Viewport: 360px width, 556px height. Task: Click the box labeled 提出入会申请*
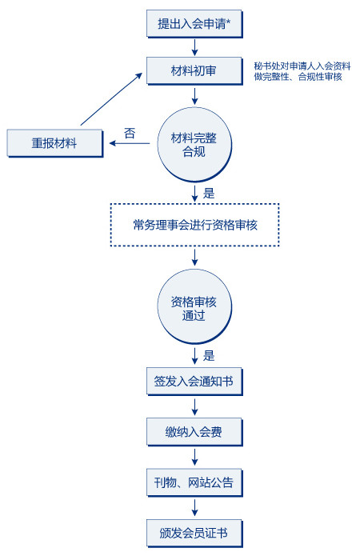194,24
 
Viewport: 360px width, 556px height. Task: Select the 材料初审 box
194,71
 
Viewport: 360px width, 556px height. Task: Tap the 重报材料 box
55,143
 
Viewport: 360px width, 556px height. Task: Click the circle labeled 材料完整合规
194,145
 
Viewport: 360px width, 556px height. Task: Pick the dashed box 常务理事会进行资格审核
194,225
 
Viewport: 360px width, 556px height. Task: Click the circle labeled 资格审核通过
194,306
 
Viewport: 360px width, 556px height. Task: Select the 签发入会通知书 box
194,382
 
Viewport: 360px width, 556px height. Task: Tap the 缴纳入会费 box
194,432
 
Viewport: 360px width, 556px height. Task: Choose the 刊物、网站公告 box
194,482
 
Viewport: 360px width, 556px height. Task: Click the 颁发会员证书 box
194,534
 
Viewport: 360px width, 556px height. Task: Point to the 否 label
130,134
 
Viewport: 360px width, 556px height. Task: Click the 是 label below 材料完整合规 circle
209,194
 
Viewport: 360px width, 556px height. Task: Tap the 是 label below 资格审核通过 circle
209,355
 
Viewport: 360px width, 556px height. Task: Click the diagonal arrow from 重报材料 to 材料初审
111,99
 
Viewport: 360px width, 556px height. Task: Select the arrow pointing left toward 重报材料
130,143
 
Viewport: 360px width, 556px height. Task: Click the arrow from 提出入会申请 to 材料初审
194,47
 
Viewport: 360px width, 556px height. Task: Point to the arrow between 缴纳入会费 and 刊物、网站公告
194,458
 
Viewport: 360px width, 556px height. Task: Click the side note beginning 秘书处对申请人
302,71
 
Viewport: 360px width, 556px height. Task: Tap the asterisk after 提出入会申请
229,22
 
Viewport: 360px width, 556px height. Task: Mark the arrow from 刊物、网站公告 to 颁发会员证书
194,508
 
